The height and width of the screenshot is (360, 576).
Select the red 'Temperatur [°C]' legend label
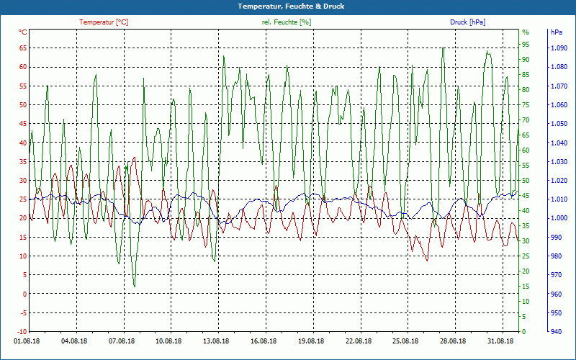104,22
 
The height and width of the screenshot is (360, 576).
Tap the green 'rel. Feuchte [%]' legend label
287,22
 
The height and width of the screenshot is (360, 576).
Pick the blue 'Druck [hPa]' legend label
467,22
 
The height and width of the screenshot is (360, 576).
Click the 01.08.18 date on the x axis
26,342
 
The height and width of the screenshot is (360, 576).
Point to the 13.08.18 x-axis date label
216,342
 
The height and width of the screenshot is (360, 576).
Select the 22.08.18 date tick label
359,342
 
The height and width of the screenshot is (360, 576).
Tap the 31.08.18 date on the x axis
500,342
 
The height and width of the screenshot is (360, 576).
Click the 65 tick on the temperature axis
23,48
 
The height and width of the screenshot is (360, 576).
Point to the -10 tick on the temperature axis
21,312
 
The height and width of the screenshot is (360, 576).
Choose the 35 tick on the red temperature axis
23,161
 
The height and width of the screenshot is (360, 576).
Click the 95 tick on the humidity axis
526,32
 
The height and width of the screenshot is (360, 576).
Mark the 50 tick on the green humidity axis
526,181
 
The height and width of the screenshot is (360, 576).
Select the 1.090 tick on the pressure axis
559,48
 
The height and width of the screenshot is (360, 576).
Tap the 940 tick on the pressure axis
556,332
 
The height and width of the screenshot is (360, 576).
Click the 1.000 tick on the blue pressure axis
559,218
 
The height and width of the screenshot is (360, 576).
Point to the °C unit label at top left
23,32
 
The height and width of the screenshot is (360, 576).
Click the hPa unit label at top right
557,32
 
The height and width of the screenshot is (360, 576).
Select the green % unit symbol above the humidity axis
526,32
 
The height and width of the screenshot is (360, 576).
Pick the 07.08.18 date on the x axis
121,342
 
